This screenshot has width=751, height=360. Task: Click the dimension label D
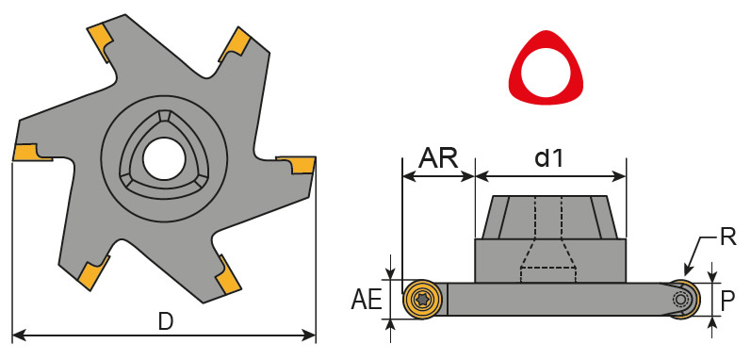pyautogui.click(x=166, y=322)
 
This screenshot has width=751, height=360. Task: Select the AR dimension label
pyautogui.click(x=438, y=158)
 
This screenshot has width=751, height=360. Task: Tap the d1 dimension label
pyautogui.click(x=549, y=158)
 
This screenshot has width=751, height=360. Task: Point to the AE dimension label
pyautogui.click(x=367, y=301)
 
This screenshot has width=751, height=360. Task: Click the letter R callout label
pyautogui.click(x=727, y=237)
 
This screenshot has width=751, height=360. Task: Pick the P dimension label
pyautogui.click(x=727, y=302)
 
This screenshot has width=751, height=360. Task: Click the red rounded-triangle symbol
pyautogui.click(x=546, y=67)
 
